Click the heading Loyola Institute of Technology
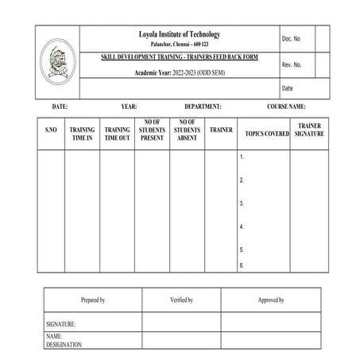[x=179, y=34]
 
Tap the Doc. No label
[x=291, y=38]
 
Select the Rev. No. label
[x=292, y=64]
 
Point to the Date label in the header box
[x=288, y=88]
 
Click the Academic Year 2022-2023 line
[x=178, y=73]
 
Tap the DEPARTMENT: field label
[x=203, y=106]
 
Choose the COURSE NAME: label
[x=286, y=106]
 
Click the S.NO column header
[x=51, y=130]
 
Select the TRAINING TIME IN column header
[x=82, y=134]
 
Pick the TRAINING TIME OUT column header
[x=117, y=134]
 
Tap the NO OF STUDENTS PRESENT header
[x=152, y=130]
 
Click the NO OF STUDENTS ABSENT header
[x=187, y=130]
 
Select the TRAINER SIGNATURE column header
[x=309, y=130]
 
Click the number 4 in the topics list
[x=241, y=227]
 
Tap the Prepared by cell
[x=93, y=300]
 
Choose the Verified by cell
[x=182, y=300]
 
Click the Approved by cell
[x=271, y=300]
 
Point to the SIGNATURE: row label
[x=61, y=324]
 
